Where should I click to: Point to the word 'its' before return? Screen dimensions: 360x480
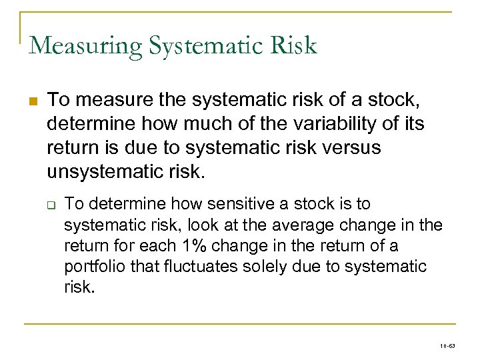click(x=411, y=124)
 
